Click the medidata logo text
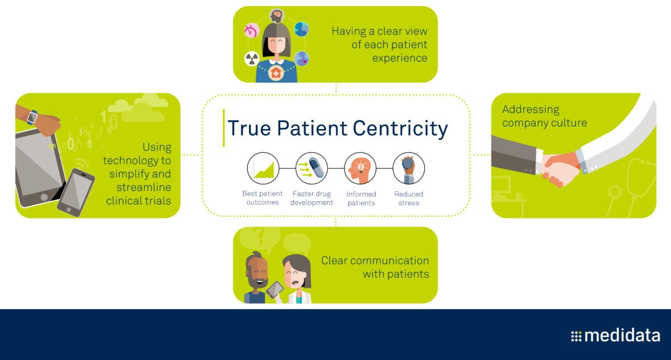(x=622, y=335)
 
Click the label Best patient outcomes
(x=262, y=198)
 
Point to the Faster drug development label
(x=311, y=198)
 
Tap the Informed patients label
(x=361, y=198)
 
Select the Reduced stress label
(x=409, y=198)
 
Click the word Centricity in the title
(x=400, y=129)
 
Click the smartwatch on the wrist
(x=32, y=117)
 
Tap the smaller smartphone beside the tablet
(x=76, y=192)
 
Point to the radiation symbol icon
(x=252, y=59)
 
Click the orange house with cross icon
(x=276, y=73)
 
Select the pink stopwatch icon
(x=252, y=30)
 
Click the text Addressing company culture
(x=544, y=116)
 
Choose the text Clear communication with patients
(x=375, y=267)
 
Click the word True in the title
(x=249, y=128)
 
